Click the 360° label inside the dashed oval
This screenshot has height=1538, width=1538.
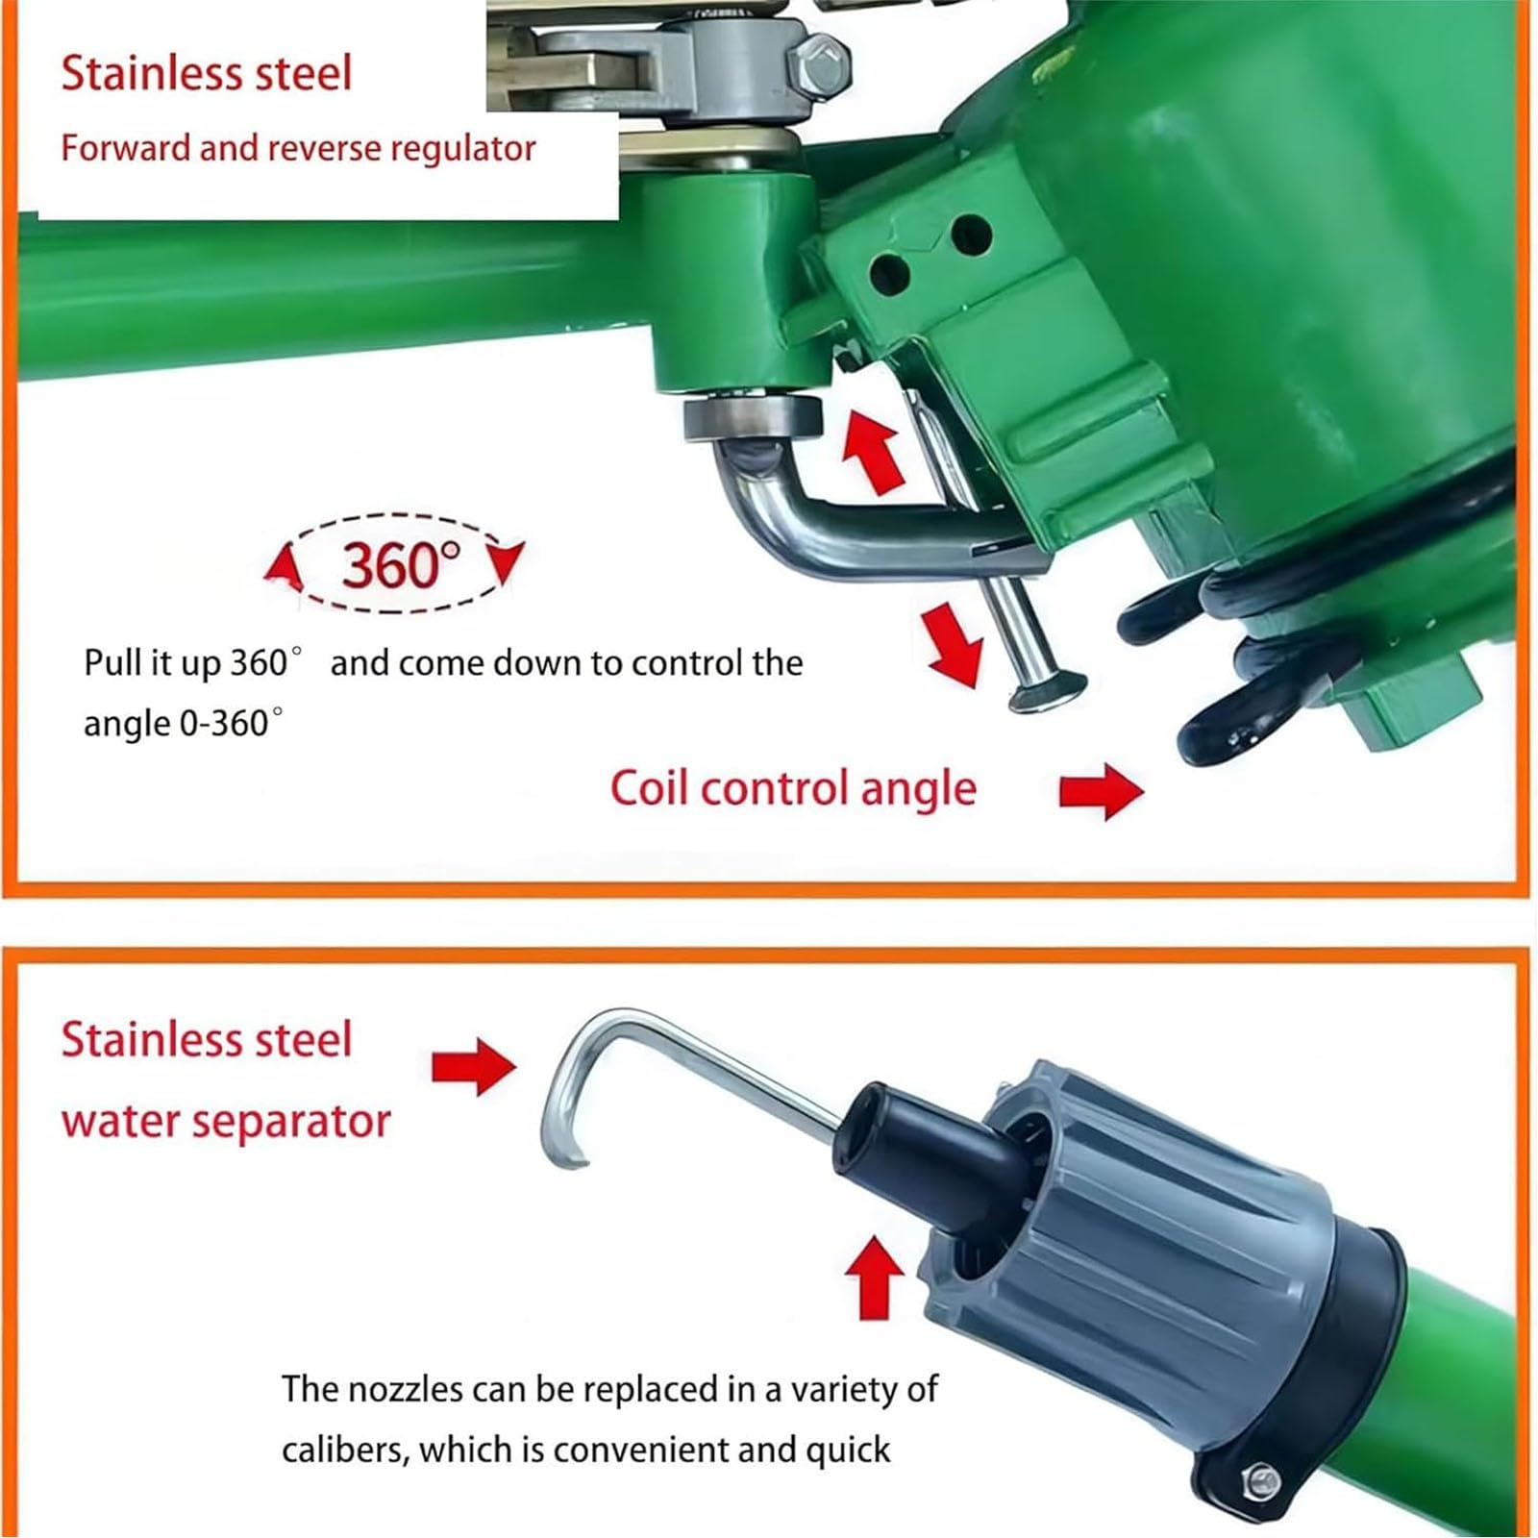coord(401,564)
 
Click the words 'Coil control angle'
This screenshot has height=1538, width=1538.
coord(793,788)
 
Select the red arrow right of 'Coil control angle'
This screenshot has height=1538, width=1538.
coord(1102,791)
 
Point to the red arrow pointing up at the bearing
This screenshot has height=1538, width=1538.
coord(873,447)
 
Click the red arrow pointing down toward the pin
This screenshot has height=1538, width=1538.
coord(953,645)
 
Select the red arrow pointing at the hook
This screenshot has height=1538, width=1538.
coord(473,1066)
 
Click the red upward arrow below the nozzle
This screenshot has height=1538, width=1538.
coord(874,1278)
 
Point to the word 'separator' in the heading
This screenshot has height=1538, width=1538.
coord(297,1121)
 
